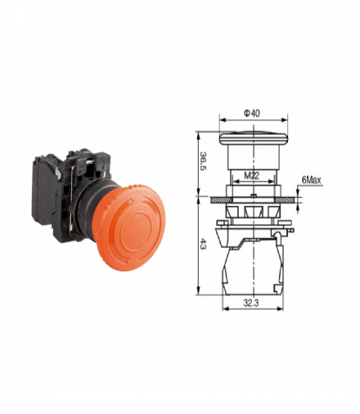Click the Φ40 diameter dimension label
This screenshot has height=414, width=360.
point(252,113)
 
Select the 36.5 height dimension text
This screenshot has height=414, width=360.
point(203,161)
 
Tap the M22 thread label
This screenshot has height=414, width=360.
point(251,176)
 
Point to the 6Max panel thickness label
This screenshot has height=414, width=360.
point(311,180)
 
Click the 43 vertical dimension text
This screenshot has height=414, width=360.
point(203,244)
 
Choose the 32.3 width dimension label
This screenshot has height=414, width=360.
point(251,303)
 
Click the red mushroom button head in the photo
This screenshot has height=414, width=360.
point(128,227)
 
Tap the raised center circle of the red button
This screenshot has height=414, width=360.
point(136,231)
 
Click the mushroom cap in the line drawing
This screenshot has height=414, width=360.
point(254,138)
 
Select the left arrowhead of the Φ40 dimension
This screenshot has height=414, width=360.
point(223,120)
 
